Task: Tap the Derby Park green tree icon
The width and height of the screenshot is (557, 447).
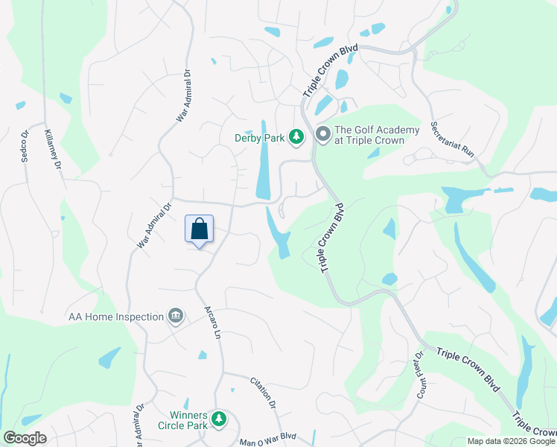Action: pyautogui.click(x=296, y=136)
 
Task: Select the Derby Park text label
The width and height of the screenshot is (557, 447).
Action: pyautogui.click(x=259, y=138)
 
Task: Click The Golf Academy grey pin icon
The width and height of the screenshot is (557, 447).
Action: pyautogui.click(x=322, y=135)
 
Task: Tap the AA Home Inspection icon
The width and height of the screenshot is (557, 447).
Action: pyautogui.click(x=176, y=317)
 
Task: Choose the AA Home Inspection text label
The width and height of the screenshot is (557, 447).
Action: pyautogui.click(x=116, y=317)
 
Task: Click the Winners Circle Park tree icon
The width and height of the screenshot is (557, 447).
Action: pyautogui.click(x=218, y=419)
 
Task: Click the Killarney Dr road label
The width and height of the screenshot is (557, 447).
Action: pyautogui.click(x=52, y=148)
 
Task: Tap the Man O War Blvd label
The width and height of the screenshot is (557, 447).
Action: pyautogui.click(x=267, y=440)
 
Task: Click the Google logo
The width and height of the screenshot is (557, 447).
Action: pyautogui.click(x=25, y=438)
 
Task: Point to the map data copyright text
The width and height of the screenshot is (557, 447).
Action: pyautogui.click(x=511, y=441)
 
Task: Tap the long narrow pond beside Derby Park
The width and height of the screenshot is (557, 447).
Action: pyautogui.click(x=263, y=159)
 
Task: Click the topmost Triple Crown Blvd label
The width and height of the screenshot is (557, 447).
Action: pyautogui.click(x=330, y=70)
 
